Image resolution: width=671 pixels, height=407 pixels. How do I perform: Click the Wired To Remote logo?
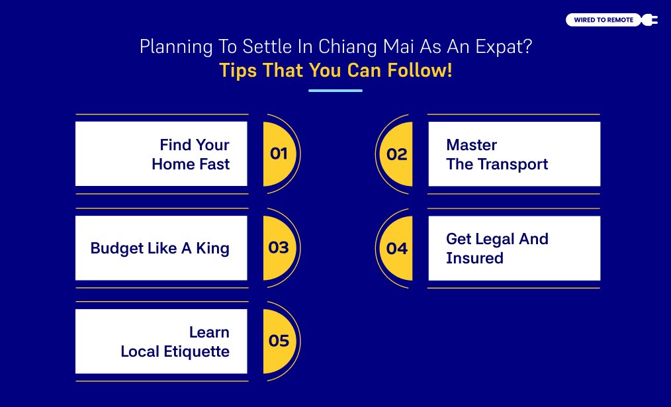pyautogui.click(x=604, y=20)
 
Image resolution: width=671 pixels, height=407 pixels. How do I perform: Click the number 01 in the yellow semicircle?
pyautogui.click(x=279, y=154)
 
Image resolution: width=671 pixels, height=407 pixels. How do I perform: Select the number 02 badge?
pyautogui.click(x=397, y=154)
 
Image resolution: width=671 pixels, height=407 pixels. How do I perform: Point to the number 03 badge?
pyautogui.click(x=279, y=248)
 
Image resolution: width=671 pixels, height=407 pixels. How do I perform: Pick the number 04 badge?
pyautogui.click(x=397, y=248)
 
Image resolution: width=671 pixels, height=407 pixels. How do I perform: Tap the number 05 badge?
pyautogui.click(x=279, y=341)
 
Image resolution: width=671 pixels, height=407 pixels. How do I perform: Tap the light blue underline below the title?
pyautogui.click(x=335, y=90)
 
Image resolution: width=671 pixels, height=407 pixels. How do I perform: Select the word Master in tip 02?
pyautogui.click(x=471, y=145)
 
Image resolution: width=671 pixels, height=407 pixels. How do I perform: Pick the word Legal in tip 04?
pyautogui.click(x=492, y=239)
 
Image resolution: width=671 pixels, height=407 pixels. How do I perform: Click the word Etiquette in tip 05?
pyautogui.click(x=196, y=351)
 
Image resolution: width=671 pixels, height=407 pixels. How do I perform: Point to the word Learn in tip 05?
pyautogui.click(x=209, y=332)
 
